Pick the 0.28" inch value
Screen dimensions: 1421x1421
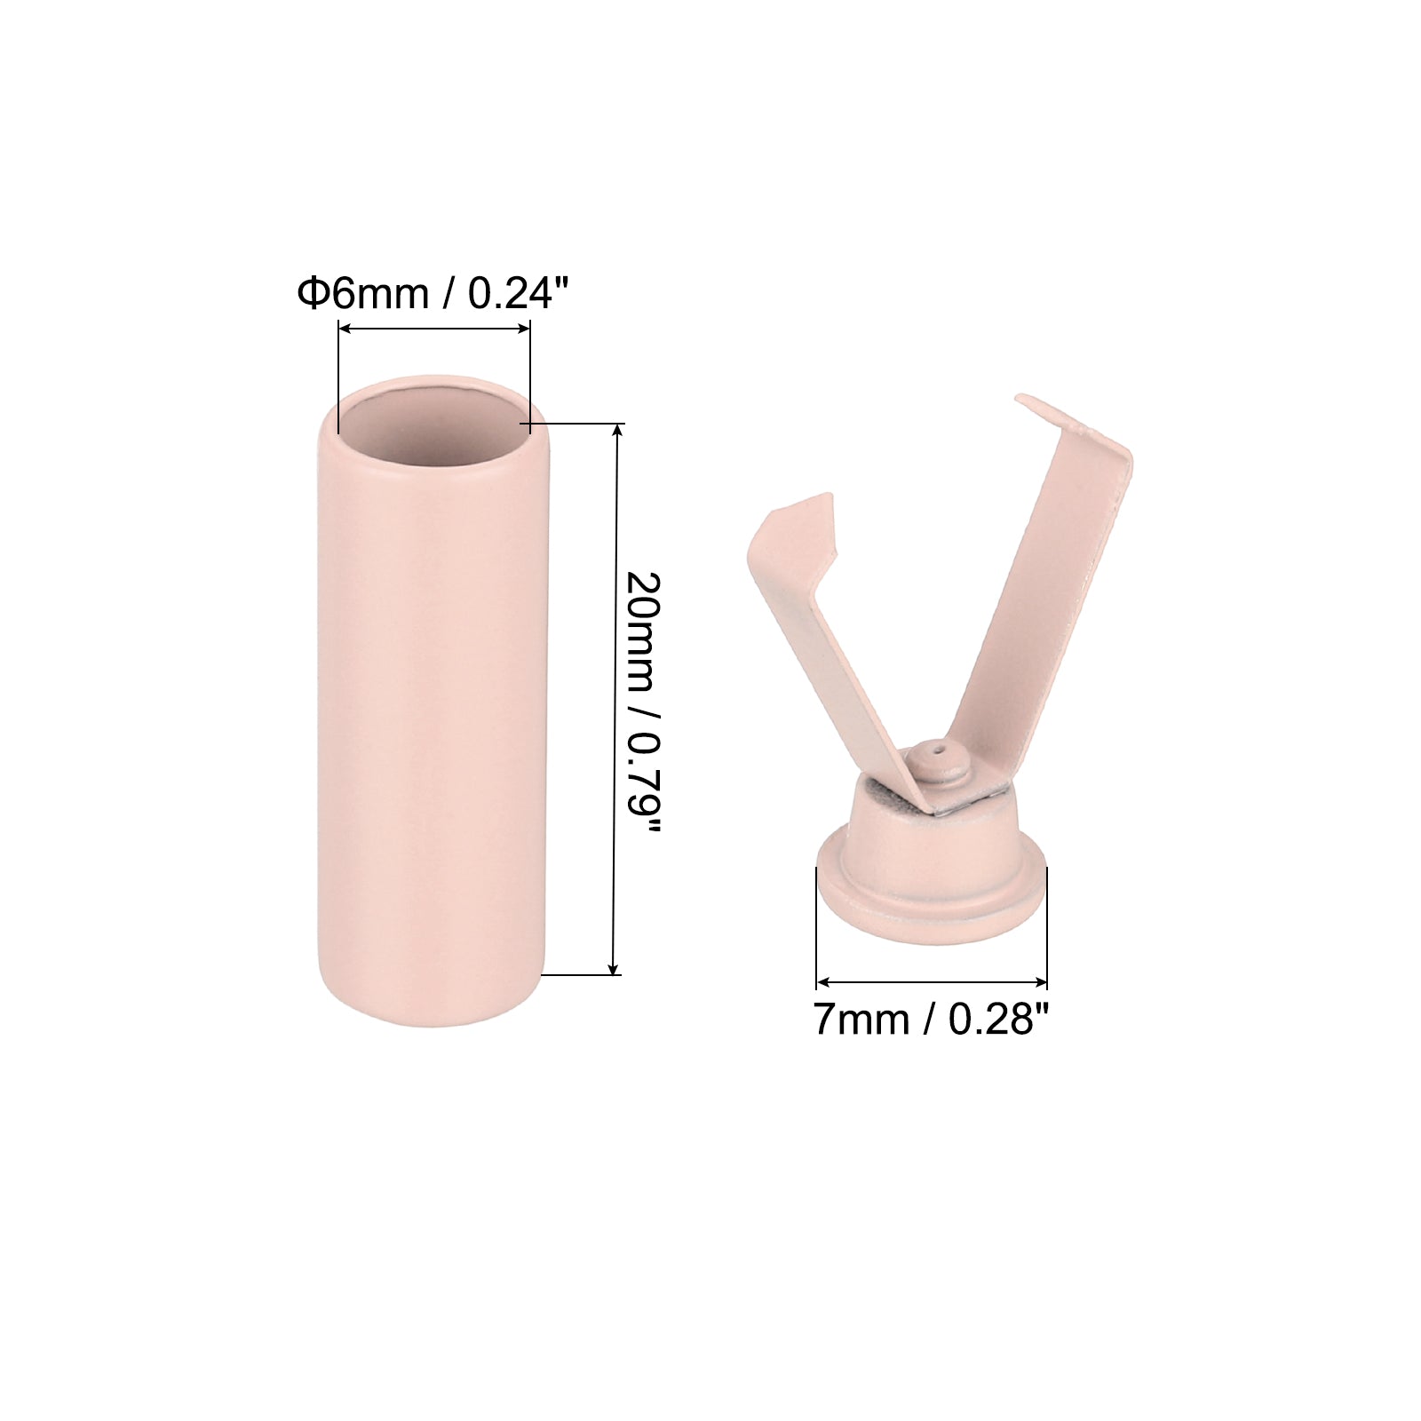[999, 1020]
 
